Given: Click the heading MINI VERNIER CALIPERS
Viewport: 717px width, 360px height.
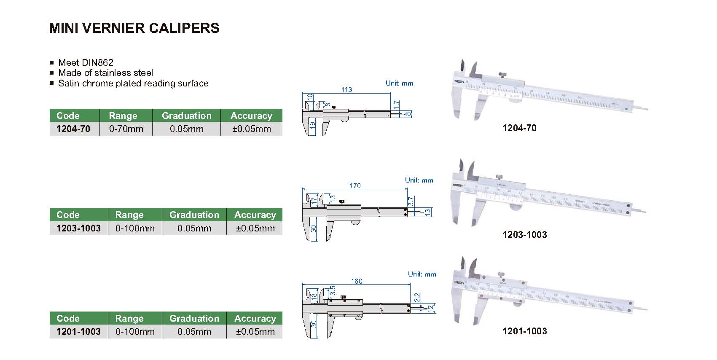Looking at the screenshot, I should coord(134,28).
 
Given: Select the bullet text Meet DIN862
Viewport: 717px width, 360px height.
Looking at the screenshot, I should coord(86,62).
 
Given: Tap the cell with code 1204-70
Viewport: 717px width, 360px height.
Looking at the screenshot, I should coord(73,129).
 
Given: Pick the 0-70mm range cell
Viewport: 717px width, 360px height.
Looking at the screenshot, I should coord(126,129).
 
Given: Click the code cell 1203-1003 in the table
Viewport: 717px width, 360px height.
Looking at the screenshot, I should coord(78,228).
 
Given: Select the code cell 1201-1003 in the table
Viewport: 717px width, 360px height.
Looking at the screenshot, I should coord(78,332).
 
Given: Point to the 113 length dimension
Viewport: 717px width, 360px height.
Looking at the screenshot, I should coord(346,89).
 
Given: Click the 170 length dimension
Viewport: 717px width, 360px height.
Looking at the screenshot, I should coord(355,185).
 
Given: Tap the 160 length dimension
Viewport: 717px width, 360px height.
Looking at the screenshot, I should coord(357,281).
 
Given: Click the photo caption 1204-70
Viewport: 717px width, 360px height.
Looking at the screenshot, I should coord(519,128).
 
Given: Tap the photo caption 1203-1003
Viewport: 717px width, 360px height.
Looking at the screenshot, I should coord(524,235).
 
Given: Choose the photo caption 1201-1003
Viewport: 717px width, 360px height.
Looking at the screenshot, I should coord(524,331).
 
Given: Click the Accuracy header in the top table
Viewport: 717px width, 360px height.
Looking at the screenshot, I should coord(251,116).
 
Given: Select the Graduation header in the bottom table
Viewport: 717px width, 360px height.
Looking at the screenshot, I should coord(194,318).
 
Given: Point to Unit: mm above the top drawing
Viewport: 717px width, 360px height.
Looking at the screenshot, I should coord(399,83).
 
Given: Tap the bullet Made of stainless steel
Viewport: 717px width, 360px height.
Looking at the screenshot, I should coord(105,73).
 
